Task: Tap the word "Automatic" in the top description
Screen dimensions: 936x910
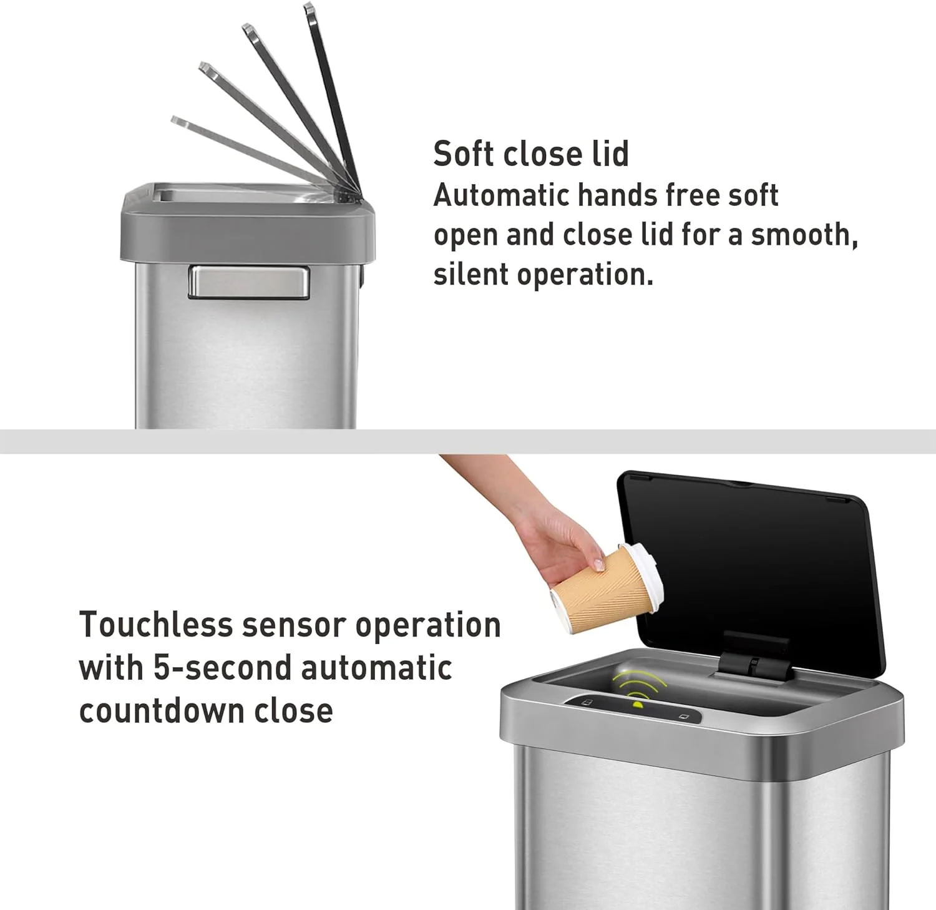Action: (501, 195)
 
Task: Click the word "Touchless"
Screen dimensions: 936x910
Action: (156, 625)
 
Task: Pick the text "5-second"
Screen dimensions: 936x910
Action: (223, 668)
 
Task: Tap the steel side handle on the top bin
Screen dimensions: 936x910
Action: (249, 281)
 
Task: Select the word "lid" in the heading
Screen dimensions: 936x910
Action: (610, 154)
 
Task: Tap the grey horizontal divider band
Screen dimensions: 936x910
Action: (468, 441)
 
